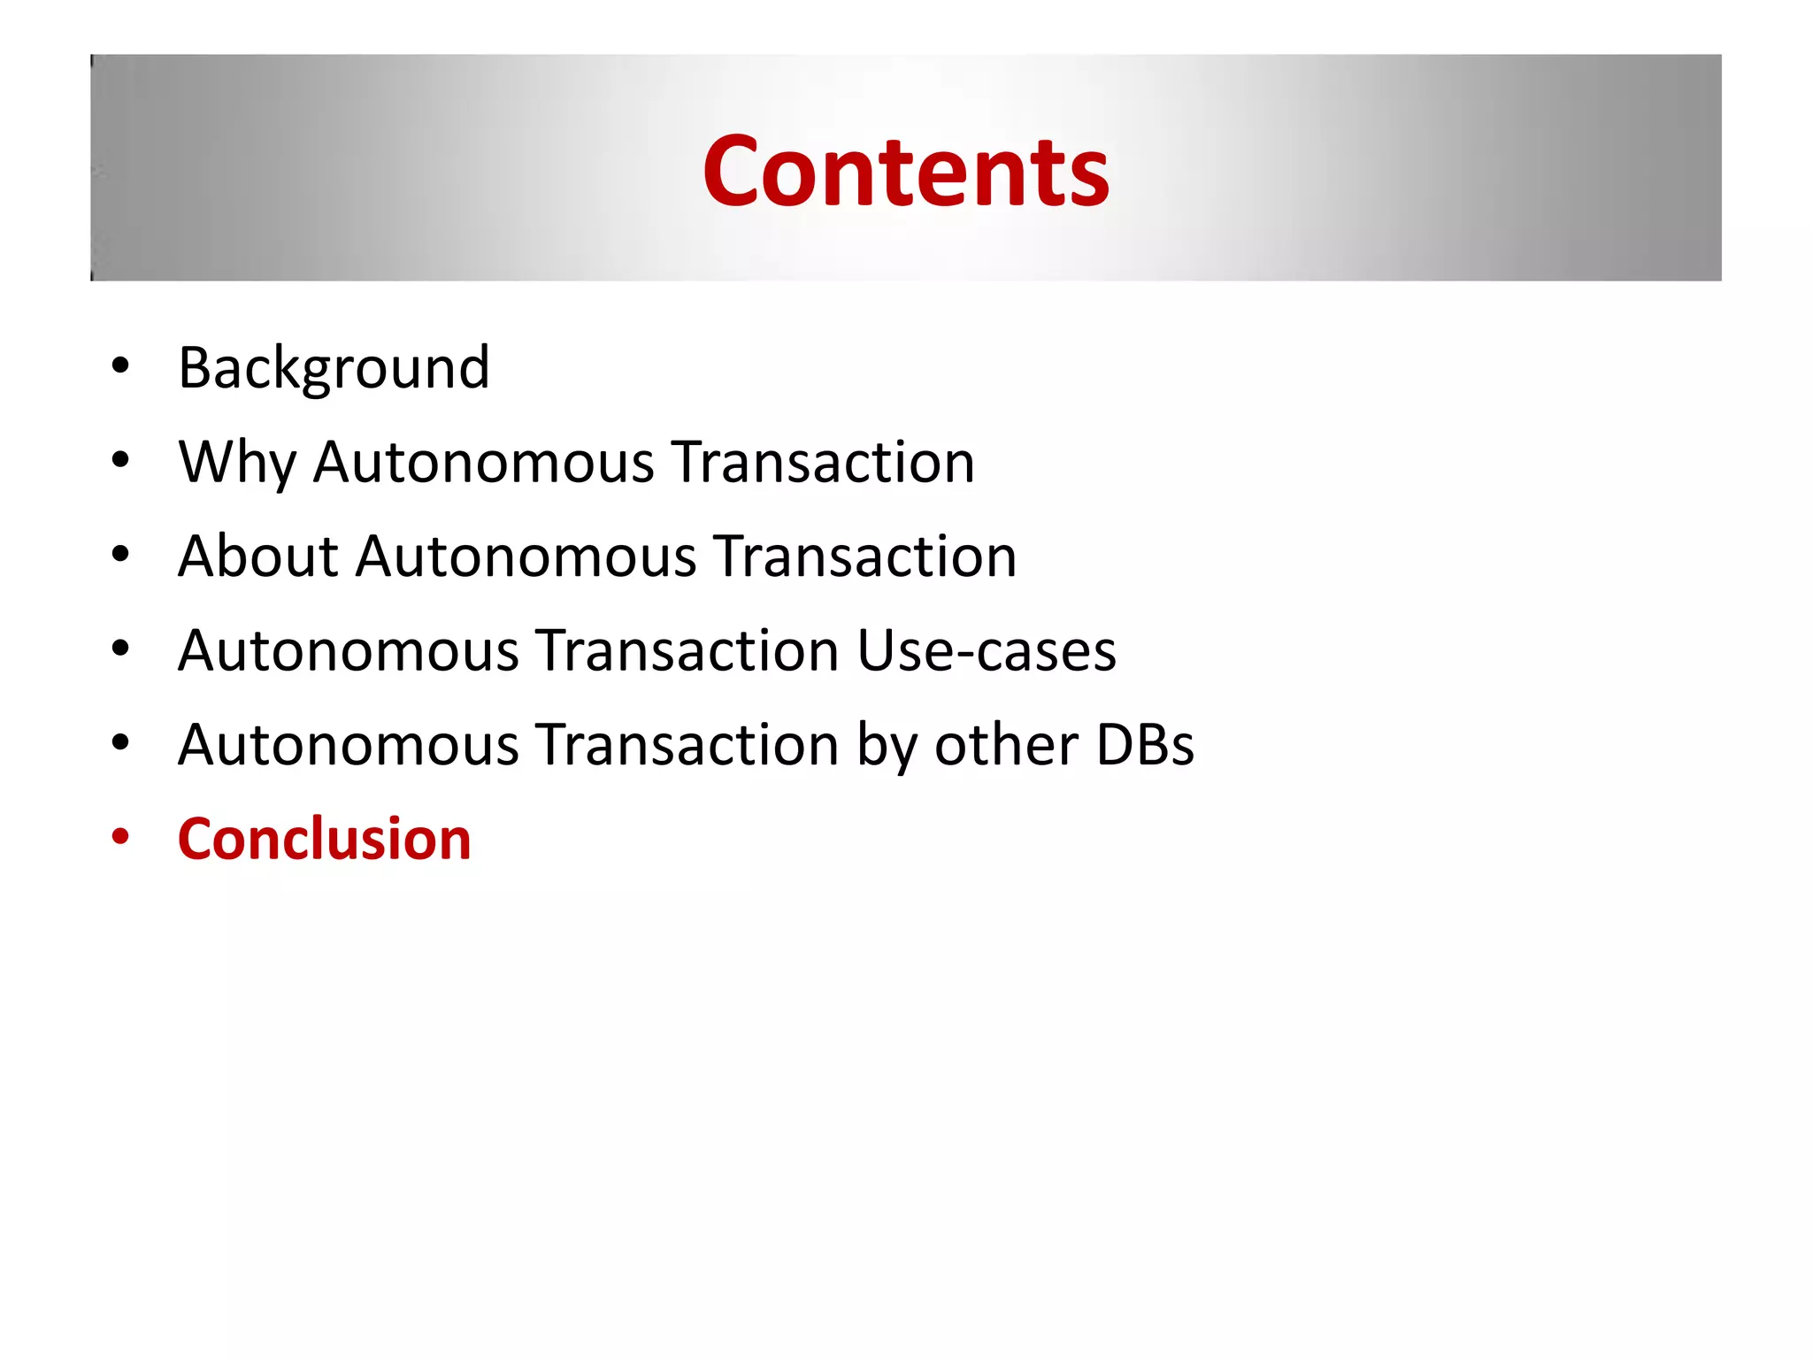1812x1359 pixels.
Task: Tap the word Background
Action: tap(334, 367)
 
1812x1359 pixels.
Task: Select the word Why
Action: tap(236, 462)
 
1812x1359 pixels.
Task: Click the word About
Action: tap(257, 557)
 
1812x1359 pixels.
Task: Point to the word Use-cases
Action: tap(986, 650)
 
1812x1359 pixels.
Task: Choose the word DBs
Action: tap(1144, 744)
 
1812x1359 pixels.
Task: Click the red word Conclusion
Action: tap(324, 839)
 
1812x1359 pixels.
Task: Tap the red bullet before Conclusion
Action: tap(120, 837)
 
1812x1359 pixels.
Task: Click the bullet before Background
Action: tap(120, 365)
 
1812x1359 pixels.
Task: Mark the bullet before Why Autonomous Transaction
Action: tap(120, 460)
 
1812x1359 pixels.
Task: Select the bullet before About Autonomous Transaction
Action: tap(120, 555)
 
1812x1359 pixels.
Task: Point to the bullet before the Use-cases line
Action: tap(120, 649)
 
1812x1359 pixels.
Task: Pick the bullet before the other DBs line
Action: tap(120, 742)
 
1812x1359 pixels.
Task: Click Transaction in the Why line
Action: tap(822, 462)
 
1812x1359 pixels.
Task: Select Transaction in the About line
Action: tap(864, 557)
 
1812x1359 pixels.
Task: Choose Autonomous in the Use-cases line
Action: tap(348, 650)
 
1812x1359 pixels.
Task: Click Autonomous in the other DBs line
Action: tap(348, 744)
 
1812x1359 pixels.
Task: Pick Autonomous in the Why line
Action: tap(483, 462)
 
